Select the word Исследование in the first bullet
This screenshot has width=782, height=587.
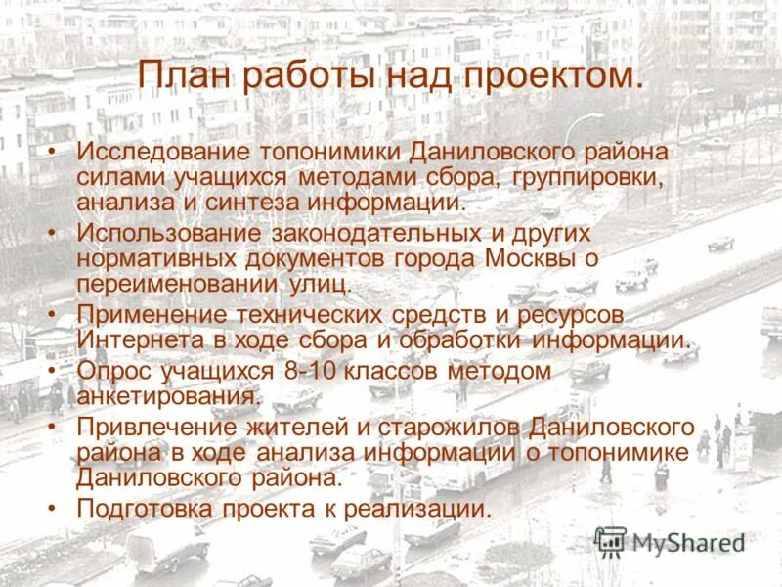pos(161,154)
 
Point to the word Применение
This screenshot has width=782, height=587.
pos(150,316)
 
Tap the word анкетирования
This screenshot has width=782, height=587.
pos(168,397)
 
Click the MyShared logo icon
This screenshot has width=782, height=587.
pos(611,541)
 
